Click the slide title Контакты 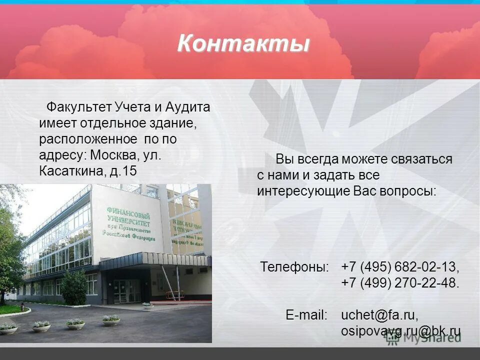tap(243, 44)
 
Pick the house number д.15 tap(122, 171)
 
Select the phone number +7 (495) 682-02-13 tap(400, 266)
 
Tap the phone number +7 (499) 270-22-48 tap(400, 283)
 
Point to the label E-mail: tap(306, 315)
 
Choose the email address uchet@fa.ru tap(379, 315)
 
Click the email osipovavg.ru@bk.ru tap(400, 331)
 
